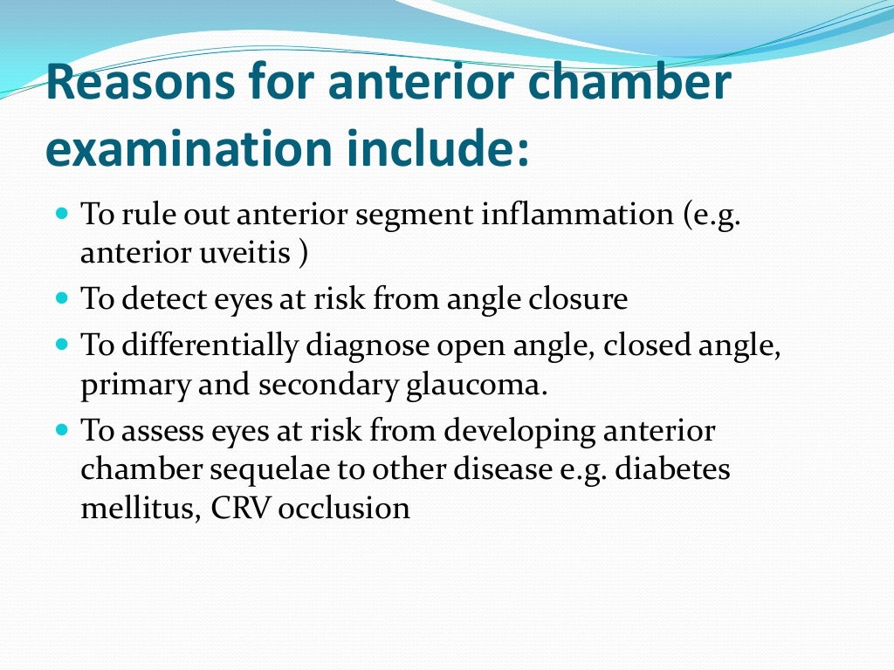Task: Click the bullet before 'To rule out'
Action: [61, 212]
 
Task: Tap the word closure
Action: [580, 299]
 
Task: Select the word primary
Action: [134, 386]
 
